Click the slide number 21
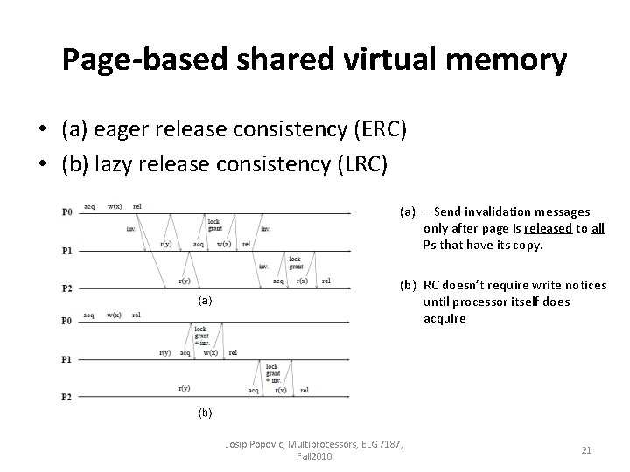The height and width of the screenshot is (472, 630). [586, 450]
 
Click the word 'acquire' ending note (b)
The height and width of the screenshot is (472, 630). [444, 318]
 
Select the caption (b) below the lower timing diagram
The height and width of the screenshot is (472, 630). [203, 409]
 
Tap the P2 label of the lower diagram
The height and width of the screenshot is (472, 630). [66, 397]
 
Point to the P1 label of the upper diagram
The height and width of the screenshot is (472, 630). [66, 251]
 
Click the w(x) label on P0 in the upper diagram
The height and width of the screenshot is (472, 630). [114, 207]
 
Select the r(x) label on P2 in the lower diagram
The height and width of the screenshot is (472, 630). [280, 391]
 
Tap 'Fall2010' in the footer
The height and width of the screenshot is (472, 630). [313, 457]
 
